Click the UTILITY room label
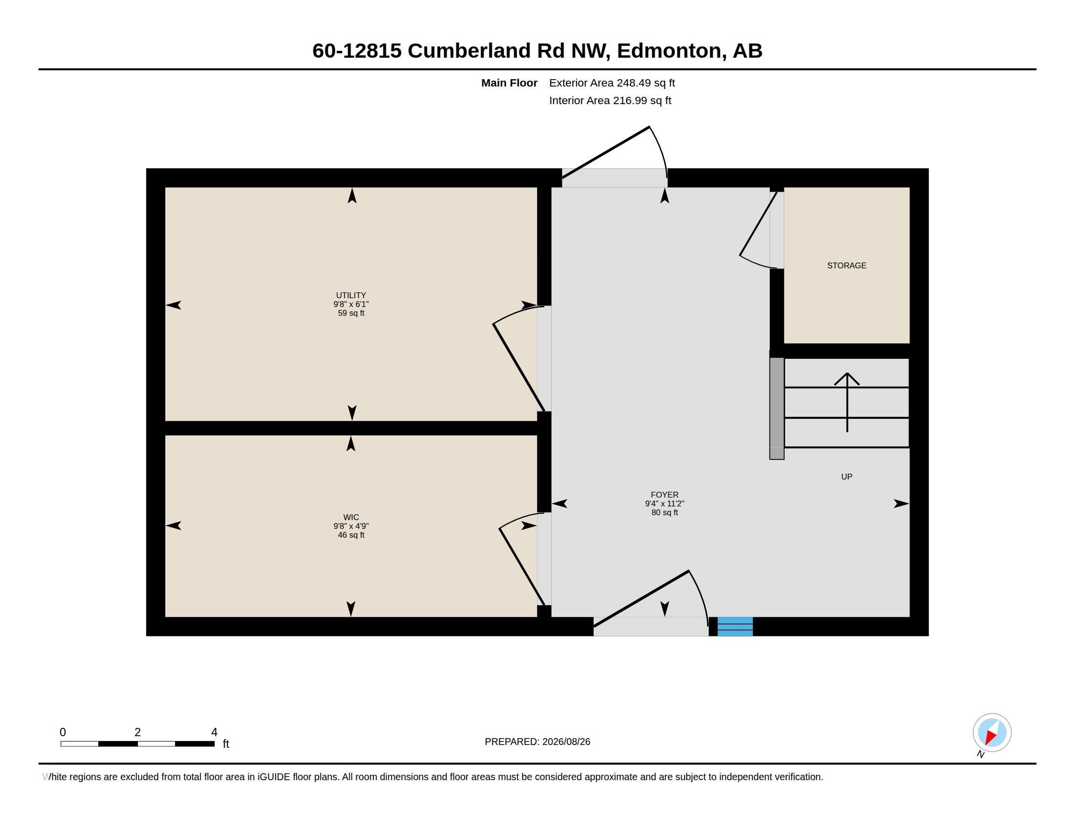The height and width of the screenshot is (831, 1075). point(351,295)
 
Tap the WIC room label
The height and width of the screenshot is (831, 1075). point(351,517)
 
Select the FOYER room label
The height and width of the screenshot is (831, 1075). point(665,495)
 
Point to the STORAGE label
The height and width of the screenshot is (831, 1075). point(847,265)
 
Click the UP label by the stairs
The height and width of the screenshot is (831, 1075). point(847,477)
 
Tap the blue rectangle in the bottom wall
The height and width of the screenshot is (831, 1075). point(735,626)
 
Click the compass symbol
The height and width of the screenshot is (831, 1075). point(992,733)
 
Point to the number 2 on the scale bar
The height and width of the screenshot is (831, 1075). point(138,732)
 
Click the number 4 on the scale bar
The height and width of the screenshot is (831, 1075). point(214,732)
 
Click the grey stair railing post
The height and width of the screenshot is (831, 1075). point(777,409)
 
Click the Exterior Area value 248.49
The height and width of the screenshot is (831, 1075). point(631,83)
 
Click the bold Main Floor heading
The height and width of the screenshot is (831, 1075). point(509,83)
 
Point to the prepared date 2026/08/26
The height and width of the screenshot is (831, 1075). point(566,742)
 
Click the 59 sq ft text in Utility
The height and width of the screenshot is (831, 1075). point(351,313)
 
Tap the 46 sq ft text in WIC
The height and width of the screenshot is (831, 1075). point(351,535)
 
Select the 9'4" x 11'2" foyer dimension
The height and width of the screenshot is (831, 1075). point(665,503)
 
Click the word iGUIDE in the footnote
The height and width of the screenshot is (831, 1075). point(274,777)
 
